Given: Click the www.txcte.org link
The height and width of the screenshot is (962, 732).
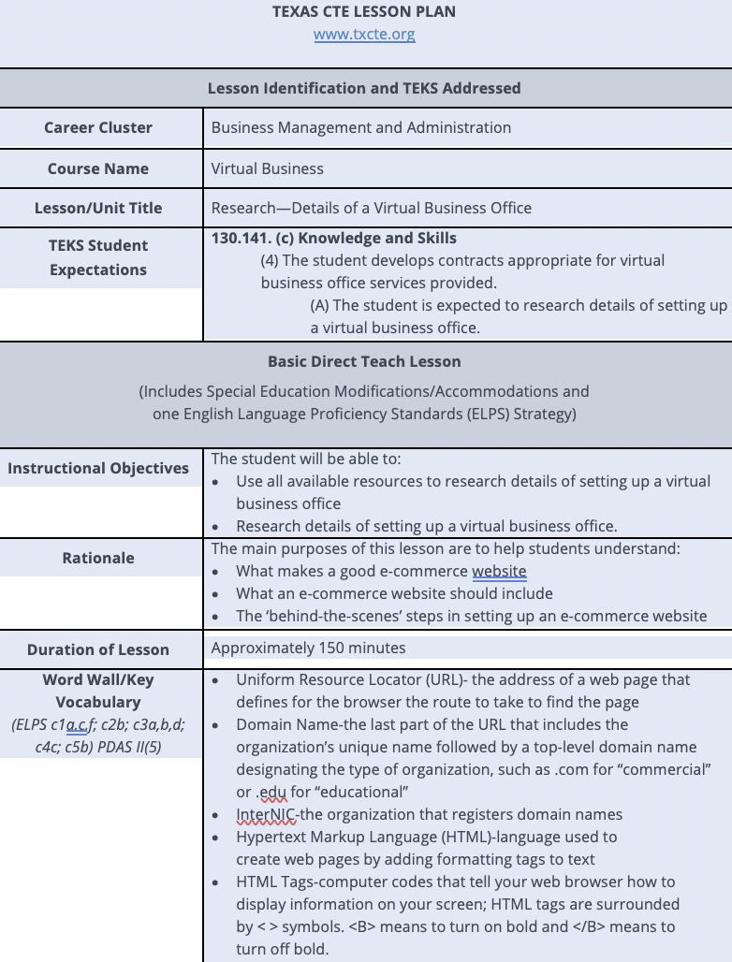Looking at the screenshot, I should click(364, 35).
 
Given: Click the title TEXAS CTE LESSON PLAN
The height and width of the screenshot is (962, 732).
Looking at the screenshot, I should click(364, 12).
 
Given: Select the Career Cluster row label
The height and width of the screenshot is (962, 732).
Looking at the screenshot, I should click(98, 127).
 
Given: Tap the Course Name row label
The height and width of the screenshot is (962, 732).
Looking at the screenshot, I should click(98, 168).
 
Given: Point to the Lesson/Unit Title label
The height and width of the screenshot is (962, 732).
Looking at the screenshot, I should click(98, 208).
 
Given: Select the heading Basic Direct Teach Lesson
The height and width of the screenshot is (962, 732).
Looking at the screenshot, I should click(364, 361).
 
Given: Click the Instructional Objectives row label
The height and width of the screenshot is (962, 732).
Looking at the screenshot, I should click(98, 468).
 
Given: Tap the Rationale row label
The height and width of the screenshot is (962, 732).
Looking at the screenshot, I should click(98, 558).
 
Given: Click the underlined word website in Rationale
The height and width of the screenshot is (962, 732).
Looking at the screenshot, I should click(499, 571).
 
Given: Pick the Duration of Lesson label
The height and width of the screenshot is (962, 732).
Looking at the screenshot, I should click(98, 649).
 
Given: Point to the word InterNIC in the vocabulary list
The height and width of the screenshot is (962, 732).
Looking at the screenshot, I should click(265, 814).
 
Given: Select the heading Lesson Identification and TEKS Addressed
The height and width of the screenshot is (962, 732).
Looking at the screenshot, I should click(364, 88).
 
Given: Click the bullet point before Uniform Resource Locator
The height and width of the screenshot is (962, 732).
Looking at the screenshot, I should click(217, 680).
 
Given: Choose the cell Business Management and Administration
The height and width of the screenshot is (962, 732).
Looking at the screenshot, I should click(361, 127).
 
